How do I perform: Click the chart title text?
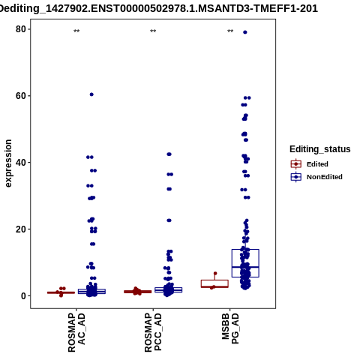tap(158, 8)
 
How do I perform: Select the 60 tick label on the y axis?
tap(21, 96)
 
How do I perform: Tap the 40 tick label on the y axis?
tap(21, 163)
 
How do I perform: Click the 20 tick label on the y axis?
tap(21, 229)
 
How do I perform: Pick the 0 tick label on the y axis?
tap(23, 295)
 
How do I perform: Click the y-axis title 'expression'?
tap(8, 163)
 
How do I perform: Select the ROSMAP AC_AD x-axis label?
tap(76, 332)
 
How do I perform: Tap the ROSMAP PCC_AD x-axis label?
tap(153, 332)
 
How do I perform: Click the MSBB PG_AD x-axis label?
tap(230, 328)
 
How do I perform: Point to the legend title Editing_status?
tap(320, 149)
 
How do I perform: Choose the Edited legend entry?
tap(309, 164)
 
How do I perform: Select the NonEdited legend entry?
tap(316, 177)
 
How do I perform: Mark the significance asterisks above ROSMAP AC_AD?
tap(76, 31)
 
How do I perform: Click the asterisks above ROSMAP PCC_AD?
tap(153, 31)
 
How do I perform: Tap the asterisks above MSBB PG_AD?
tap(230, 31)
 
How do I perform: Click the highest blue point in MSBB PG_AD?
tap(245, 32)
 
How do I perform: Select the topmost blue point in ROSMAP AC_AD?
tap(91, 94)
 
